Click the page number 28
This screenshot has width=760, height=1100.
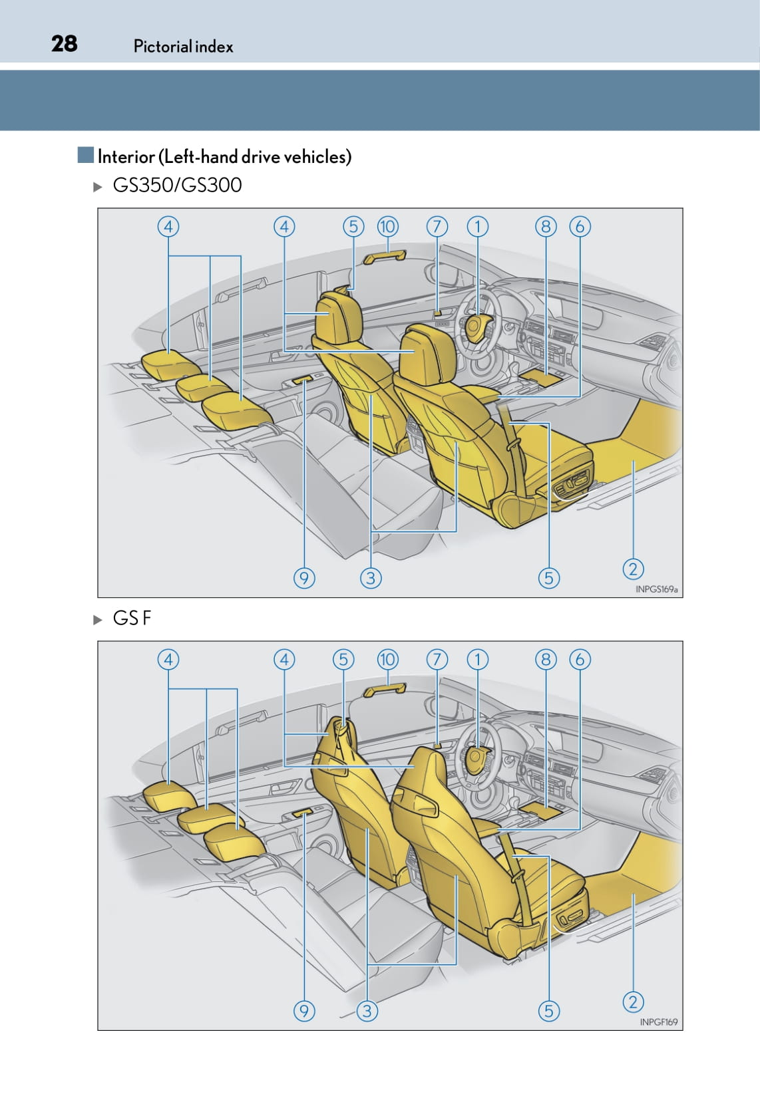[65, 44]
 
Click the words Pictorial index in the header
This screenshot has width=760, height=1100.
[183, 46]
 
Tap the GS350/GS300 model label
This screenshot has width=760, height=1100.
[177, 185]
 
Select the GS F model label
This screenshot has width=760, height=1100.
[132, 618]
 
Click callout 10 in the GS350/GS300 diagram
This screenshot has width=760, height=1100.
[387, 226]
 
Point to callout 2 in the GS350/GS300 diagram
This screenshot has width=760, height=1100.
[634, 569]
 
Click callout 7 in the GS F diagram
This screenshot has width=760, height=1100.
[437, 659]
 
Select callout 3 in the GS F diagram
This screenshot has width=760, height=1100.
[367, 1011]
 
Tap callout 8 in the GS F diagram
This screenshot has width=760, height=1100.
[546, 659]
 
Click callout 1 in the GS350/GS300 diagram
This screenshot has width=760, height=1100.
[477, 226]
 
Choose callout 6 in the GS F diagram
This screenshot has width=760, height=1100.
[580, 659]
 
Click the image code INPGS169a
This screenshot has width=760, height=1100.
[656, 589]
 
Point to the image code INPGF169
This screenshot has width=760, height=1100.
[658, 1022]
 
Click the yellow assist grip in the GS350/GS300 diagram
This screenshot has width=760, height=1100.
[385, 257]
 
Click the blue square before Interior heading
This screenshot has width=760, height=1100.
[85, 155]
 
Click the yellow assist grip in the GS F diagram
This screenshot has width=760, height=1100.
[385, 690]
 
